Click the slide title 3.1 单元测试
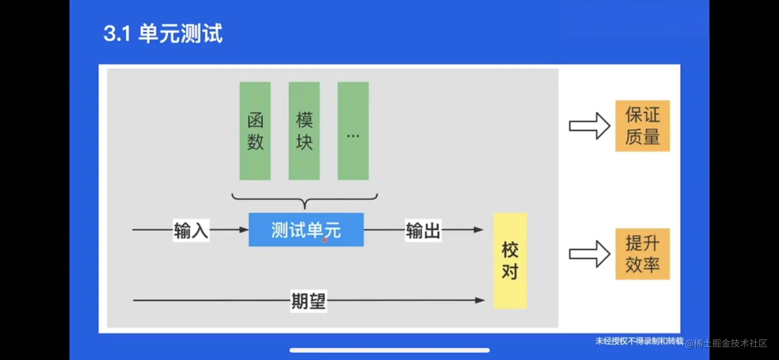[x=163, y=34]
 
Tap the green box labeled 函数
[x=255, y=131]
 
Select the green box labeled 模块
[x=304, y=131]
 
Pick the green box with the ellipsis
[x=353, y=131]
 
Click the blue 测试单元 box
[x=306, y=230]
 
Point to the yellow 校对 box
[x=510, y=261]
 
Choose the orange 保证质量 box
[x=642, y=126]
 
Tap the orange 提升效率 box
[x=642, y=254]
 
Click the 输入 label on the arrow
[x=191, y=231]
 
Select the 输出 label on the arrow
[x=423, y=231]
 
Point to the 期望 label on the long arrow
[x=308, y=301]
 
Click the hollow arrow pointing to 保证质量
[x=589, y=126]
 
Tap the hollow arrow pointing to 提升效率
[x=589, y=254]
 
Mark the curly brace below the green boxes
[x=304, y=200]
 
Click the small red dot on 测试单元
[x=325, y=240]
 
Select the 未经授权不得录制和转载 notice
[x=639, y=341]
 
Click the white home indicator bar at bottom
[x=389, y=351]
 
